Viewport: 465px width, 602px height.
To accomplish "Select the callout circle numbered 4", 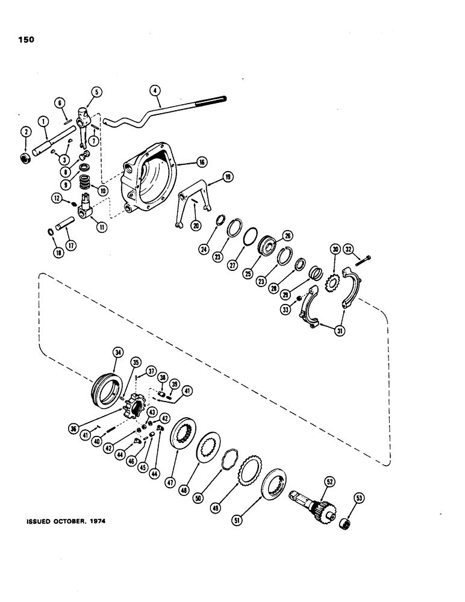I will tap(155, 92).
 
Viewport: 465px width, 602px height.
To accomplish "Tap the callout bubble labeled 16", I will tap(201, 162).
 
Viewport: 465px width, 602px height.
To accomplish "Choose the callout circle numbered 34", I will tap(117, 353).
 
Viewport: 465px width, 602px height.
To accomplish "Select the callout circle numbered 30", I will tap(335, 249).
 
